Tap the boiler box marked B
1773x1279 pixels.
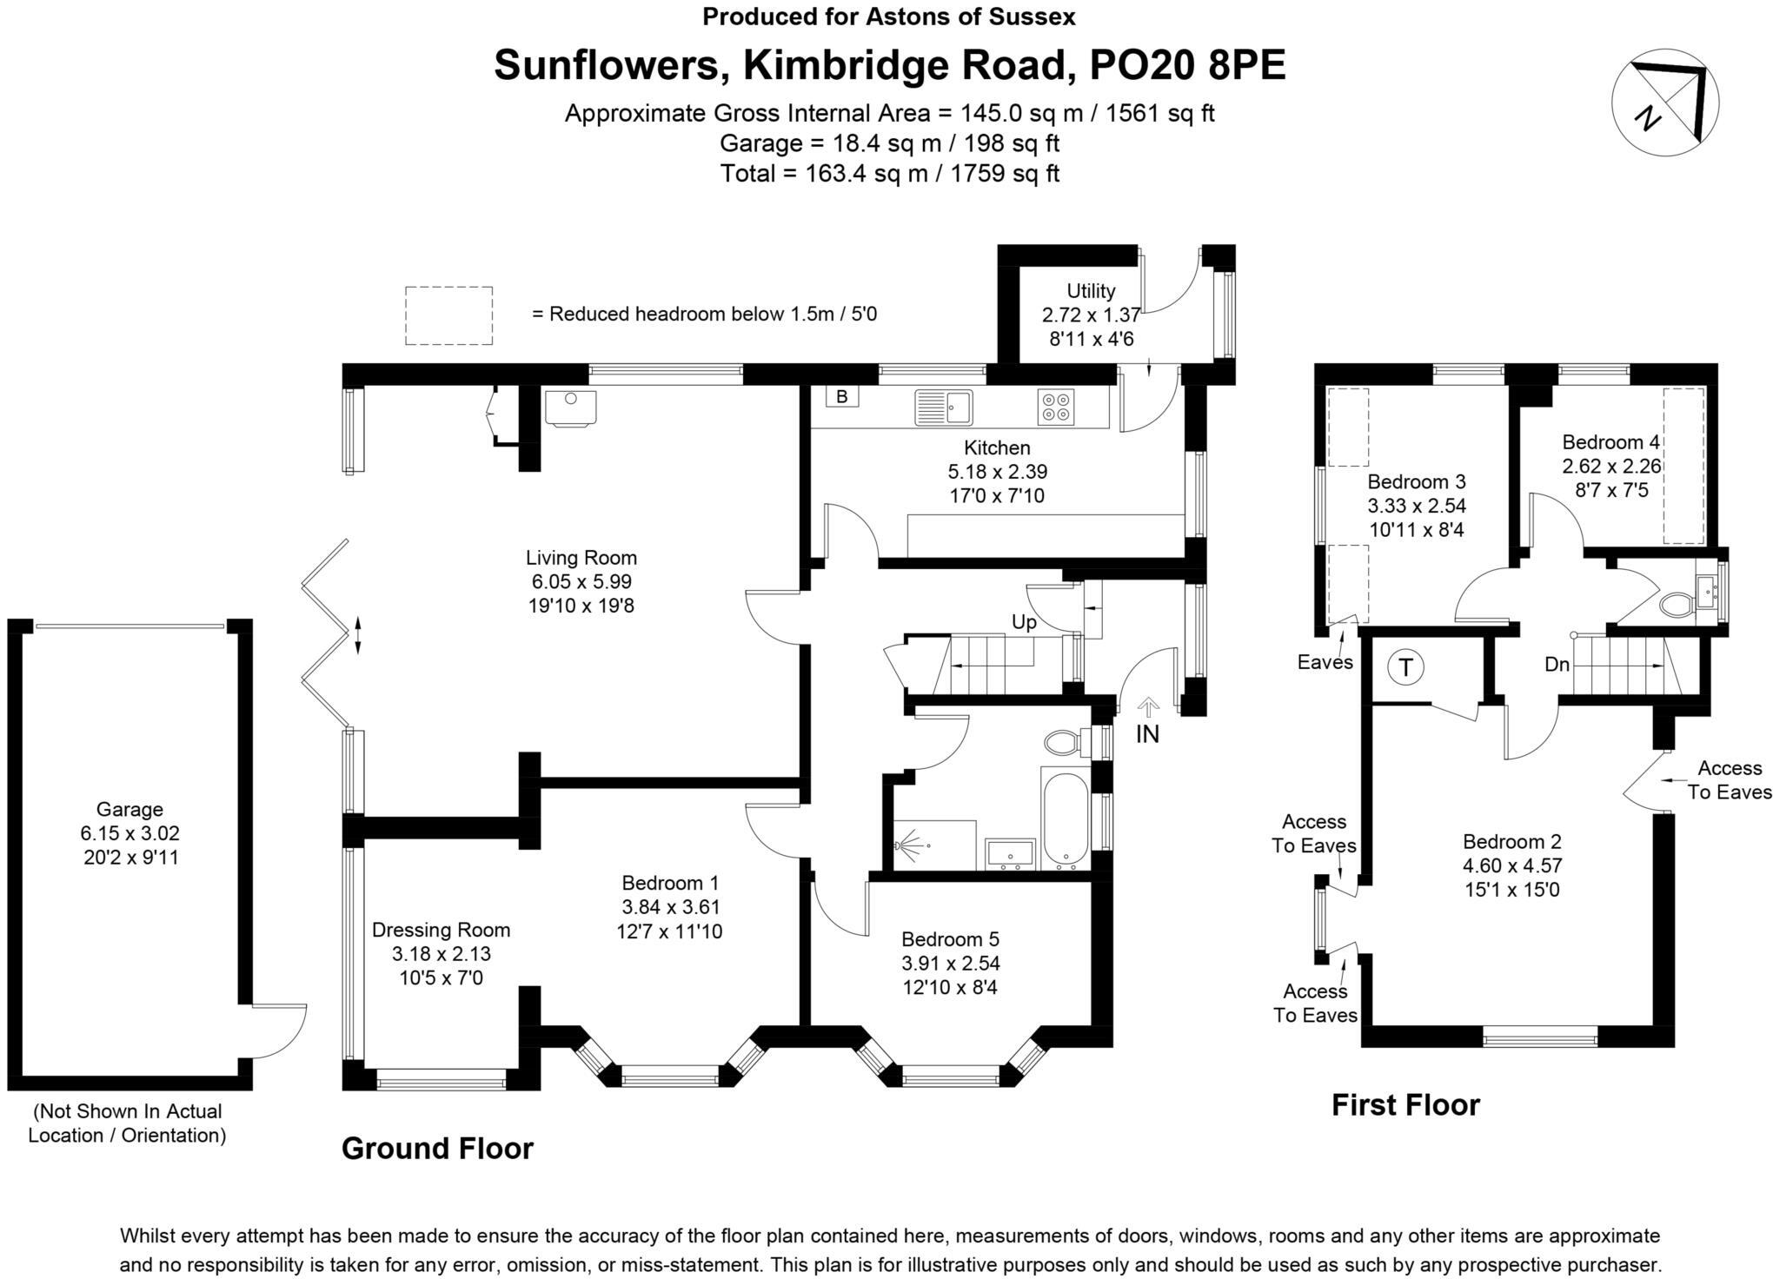tap(841, 397)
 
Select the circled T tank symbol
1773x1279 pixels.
tap(1404, 667)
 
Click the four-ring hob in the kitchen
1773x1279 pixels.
tap(1056, 407)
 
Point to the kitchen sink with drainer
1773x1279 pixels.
tap(943, 407)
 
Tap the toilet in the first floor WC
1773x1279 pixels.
tap(1676, 603)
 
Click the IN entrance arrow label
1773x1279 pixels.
tap(1147, 734)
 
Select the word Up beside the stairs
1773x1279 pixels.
tap(1024, 622)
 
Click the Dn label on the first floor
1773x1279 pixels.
tap(1557, 665)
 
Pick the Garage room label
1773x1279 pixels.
tap(129, 809)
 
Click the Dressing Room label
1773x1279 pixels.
tap(441, 930)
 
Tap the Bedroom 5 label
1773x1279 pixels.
tap(950, 939)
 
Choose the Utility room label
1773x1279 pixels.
tap(1091, 291)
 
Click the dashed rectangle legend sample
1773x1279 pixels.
tap(448, 315)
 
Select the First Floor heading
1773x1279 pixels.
tap(1405, 1105)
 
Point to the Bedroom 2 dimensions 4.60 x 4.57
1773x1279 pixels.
tap(1511, 865)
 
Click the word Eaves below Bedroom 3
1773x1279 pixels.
tap(1325, 662)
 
